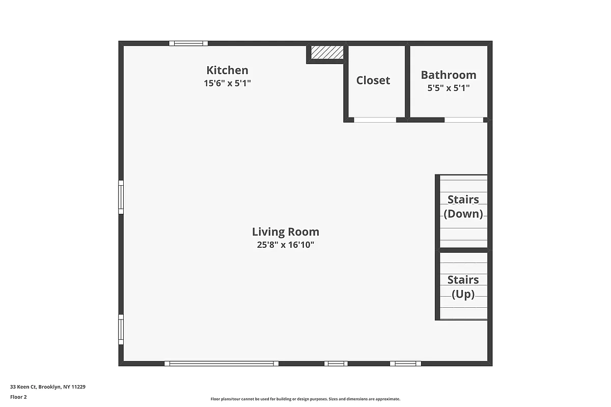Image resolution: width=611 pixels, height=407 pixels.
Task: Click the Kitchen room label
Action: click(x=227, y=70)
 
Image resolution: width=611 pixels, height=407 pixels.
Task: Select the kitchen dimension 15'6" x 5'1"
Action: click(x=227, y=83)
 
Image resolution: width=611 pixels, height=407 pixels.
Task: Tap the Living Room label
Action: click(x=286, y=232)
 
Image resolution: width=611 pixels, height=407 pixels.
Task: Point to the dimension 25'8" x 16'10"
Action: click(x=286, y=245)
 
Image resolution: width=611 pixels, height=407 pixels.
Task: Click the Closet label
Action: click(x=373, y=80)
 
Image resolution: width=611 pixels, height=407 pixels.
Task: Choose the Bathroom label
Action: click(x=449, y=75)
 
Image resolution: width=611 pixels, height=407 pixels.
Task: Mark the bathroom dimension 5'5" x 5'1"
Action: click(x=449, y=88)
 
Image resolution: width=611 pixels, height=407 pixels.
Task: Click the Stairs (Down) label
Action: click(x=463, y=207)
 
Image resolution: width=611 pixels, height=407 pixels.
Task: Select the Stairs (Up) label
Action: click(x=463, y=287)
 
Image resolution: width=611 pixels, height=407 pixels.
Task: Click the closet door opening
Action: click(x=375, y=120)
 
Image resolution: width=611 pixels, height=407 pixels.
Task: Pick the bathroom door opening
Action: click(x=464, y=120)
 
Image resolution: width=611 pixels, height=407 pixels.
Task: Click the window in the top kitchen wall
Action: click(x=188, y=43)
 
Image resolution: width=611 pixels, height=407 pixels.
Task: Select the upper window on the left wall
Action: click(x=121, y=197)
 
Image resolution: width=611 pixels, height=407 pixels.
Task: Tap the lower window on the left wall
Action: click(x=121, y=329)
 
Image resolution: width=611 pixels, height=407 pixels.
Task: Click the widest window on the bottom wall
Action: click(x=221, y=364)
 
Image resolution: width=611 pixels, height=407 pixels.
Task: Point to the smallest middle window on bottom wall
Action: click(x=336, y=364)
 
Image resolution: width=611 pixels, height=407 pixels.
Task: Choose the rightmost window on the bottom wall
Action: click(x=406, y=364)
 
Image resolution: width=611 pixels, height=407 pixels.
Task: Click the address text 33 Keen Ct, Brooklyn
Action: click(x=48, y=387)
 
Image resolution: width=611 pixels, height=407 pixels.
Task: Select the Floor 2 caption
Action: click(x=18, y=397)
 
